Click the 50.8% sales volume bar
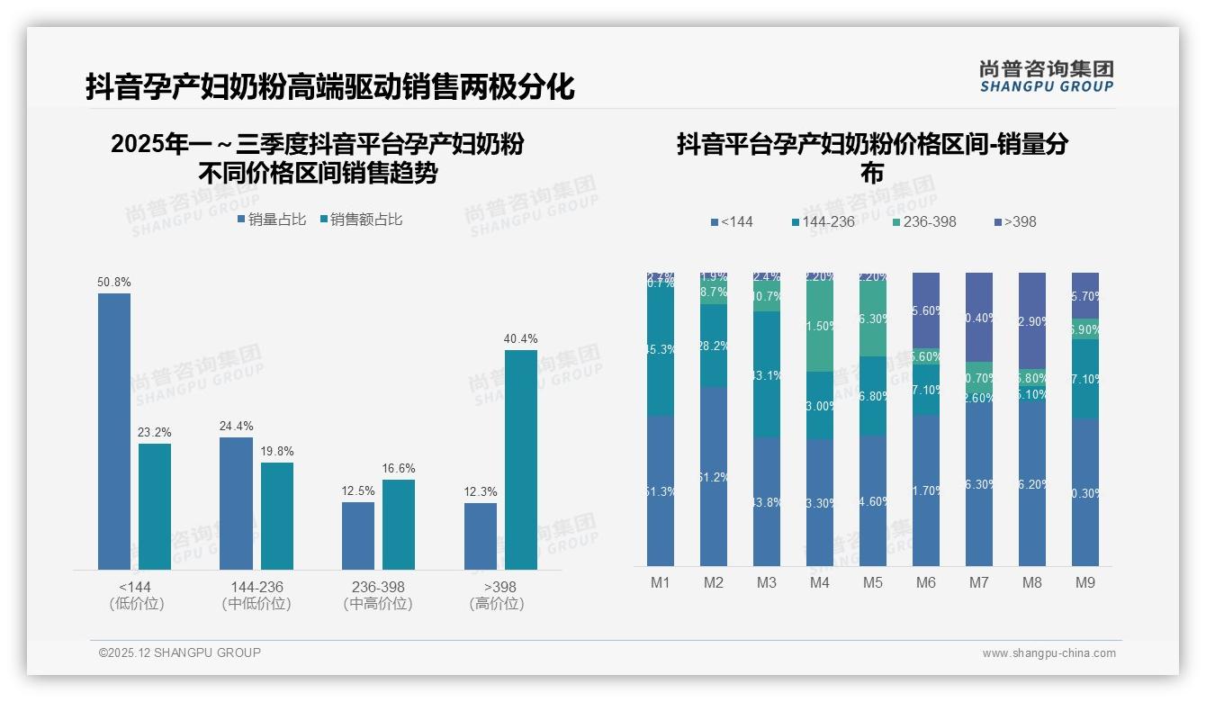pyautogui.click(x=114, y=431)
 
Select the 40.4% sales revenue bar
pyautogui.click(x=520, y=459)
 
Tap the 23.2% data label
pyautogui.click(x=155, y=433)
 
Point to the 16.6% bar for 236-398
pyautogui.click(x=399, y=524)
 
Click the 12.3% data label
pyautogui.click(x=481, y=492)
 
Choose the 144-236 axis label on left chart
pyautogui.click(x=256, y=587)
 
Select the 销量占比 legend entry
pyautogui.click(x=271, y=219)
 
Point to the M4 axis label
pyautogui.click(x=819, y=582)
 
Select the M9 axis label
pyautogui.click(x=1085, y=582)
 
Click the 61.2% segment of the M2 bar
pyautogui.click(x=714, y=476)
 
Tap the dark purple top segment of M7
pyautogui.click(x=979, y=317)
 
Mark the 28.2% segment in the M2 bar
pyautogui.click(x=714, y=346)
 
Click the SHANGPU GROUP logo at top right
pyautogui.click(x=1046, y=76)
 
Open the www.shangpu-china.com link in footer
pyautogui.click(x=1048, y=653)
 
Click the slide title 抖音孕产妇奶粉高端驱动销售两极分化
pyautogui.click(x=329, y=87)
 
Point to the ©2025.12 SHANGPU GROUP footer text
pyautogui.click(x=180, y=652)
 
